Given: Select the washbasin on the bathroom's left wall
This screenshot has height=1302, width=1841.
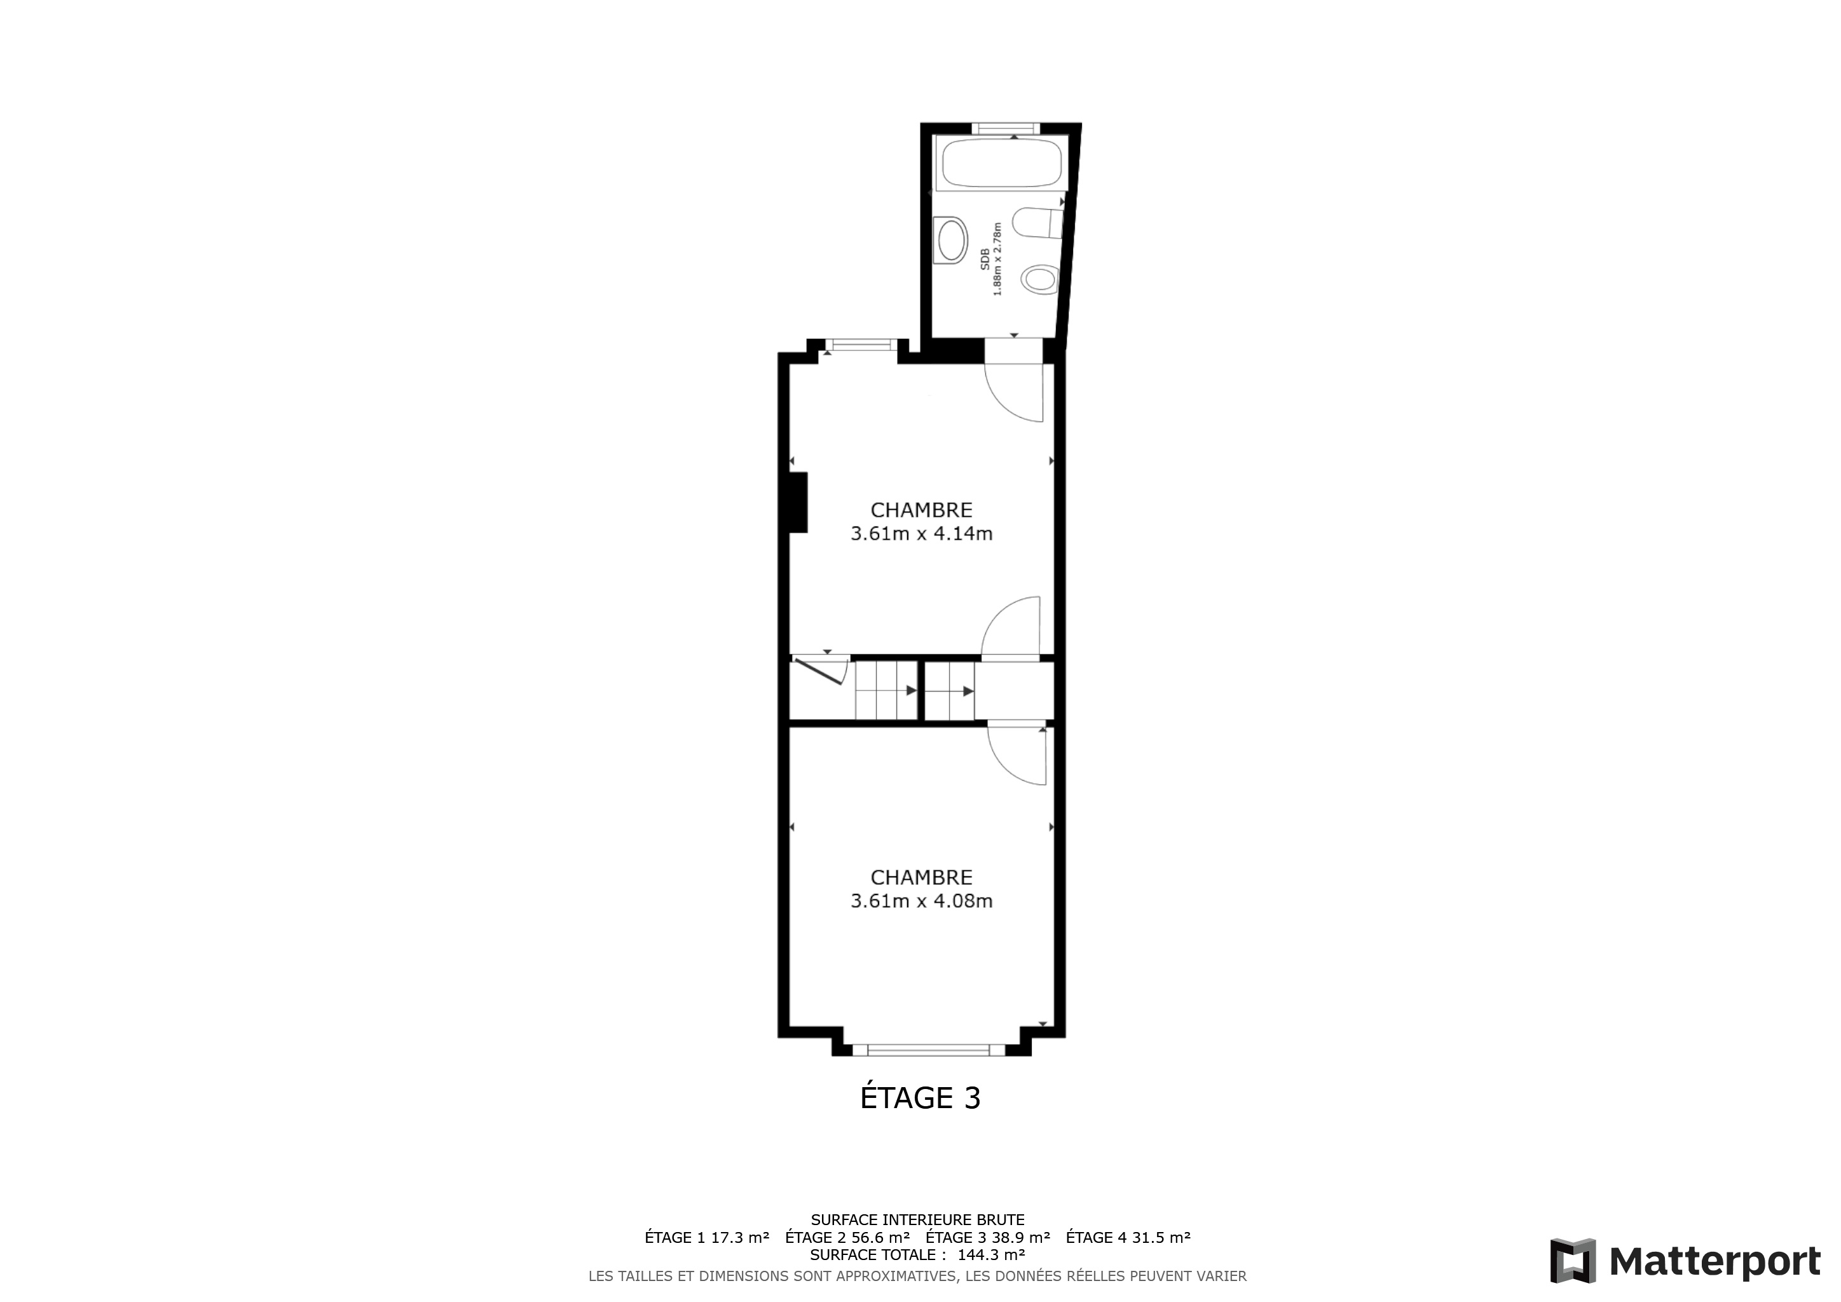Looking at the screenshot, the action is (952, 239).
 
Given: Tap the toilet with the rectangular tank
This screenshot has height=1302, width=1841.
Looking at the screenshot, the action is (1037, 223).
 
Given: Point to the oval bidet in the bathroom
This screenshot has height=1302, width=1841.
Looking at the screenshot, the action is (1040, 279).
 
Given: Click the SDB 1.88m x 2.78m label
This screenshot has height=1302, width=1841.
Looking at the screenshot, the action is (991, 259).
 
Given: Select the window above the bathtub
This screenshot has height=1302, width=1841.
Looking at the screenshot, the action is (1006, 128).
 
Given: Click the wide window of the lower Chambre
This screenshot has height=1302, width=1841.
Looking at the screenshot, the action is (929, 1050).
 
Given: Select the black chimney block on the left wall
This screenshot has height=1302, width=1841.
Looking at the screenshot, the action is (798, 503).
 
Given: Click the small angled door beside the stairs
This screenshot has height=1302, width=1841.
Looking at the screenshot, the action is (819, 671).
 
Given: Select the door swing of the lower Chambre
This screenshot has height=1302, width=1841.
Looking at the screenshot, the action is (1016, 755).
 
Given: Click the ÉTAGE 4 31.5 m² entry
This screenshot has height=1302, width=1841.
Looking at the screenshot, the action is (1128, 1237).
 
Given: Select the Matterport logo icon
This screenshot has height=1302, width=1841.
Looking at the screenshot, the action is (1573, 1261).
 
